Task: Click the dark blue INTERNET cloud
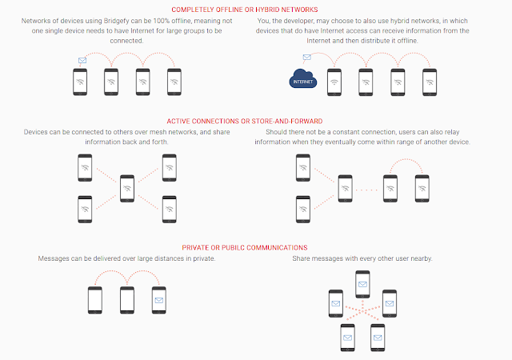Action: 303,78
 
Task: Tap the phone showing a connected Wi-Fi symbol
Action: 334,82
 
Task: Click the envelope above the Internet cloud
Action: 306,57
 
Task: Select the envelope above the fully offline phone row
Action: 82,61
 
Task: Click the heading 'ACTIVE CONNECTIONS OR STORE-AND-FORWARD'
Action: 245,121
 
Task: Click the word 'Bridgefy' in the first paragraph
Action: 117,21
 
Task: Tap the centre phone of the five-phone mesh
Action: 127,189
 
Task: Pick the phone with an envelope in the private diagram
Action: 159,300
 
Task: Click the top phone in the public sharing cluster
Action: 362,284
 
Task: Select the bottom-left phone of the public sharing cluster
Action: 347,338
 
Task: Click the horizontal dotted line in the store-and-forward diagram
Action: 366,190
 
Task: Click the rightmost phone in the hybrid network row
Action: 430,82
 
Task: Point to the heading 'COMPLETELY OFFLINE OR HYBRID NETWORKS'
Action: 245,10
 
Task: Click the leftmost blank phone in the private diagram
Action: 95,300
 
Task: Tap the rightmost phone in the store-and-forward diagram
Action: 422,189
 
